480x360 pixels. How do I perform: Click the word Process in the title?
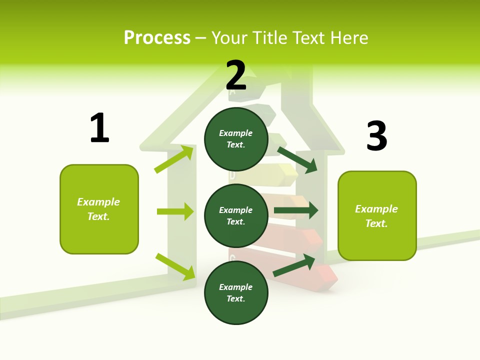pos(157,37)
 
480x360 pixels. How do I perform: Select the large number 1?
pos(99,128)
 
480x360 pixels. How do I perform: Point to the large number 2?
pos(236,75)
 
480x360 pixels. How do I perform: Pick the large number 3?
pos(376,136)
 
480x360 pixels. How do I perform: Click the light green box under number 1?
pos(99,209)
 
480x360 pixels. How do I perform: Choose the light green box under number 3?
pos(377,216)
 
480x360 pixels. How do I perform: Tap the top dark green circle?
pos(236,139)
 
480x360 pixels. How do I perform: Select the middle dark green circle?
pos(236,215)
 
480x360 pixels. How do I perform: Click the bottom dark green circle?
pos(236,292)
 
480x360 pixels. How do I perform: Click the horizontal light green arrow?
pos(175,211)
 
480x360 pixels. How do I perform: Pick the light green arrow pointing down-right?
pos(175,266)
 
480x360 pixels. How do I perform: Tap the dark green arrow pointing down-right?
pos(297,159)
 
